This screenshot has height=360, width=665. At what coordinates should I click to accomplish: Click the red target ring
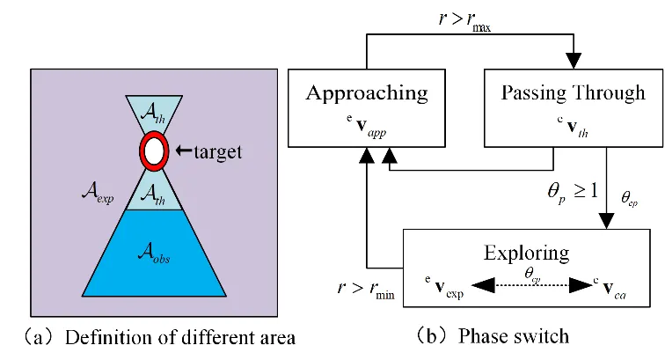point(154,152)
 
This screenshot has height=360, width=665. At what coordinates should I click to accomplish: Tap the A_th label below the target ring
point(153,193)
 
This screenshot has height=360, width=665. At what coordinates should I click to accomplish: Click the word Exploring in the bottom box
point(526,253)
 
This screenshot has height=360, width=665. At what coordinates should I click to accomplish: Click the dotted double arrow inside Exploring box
point(526,285)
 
